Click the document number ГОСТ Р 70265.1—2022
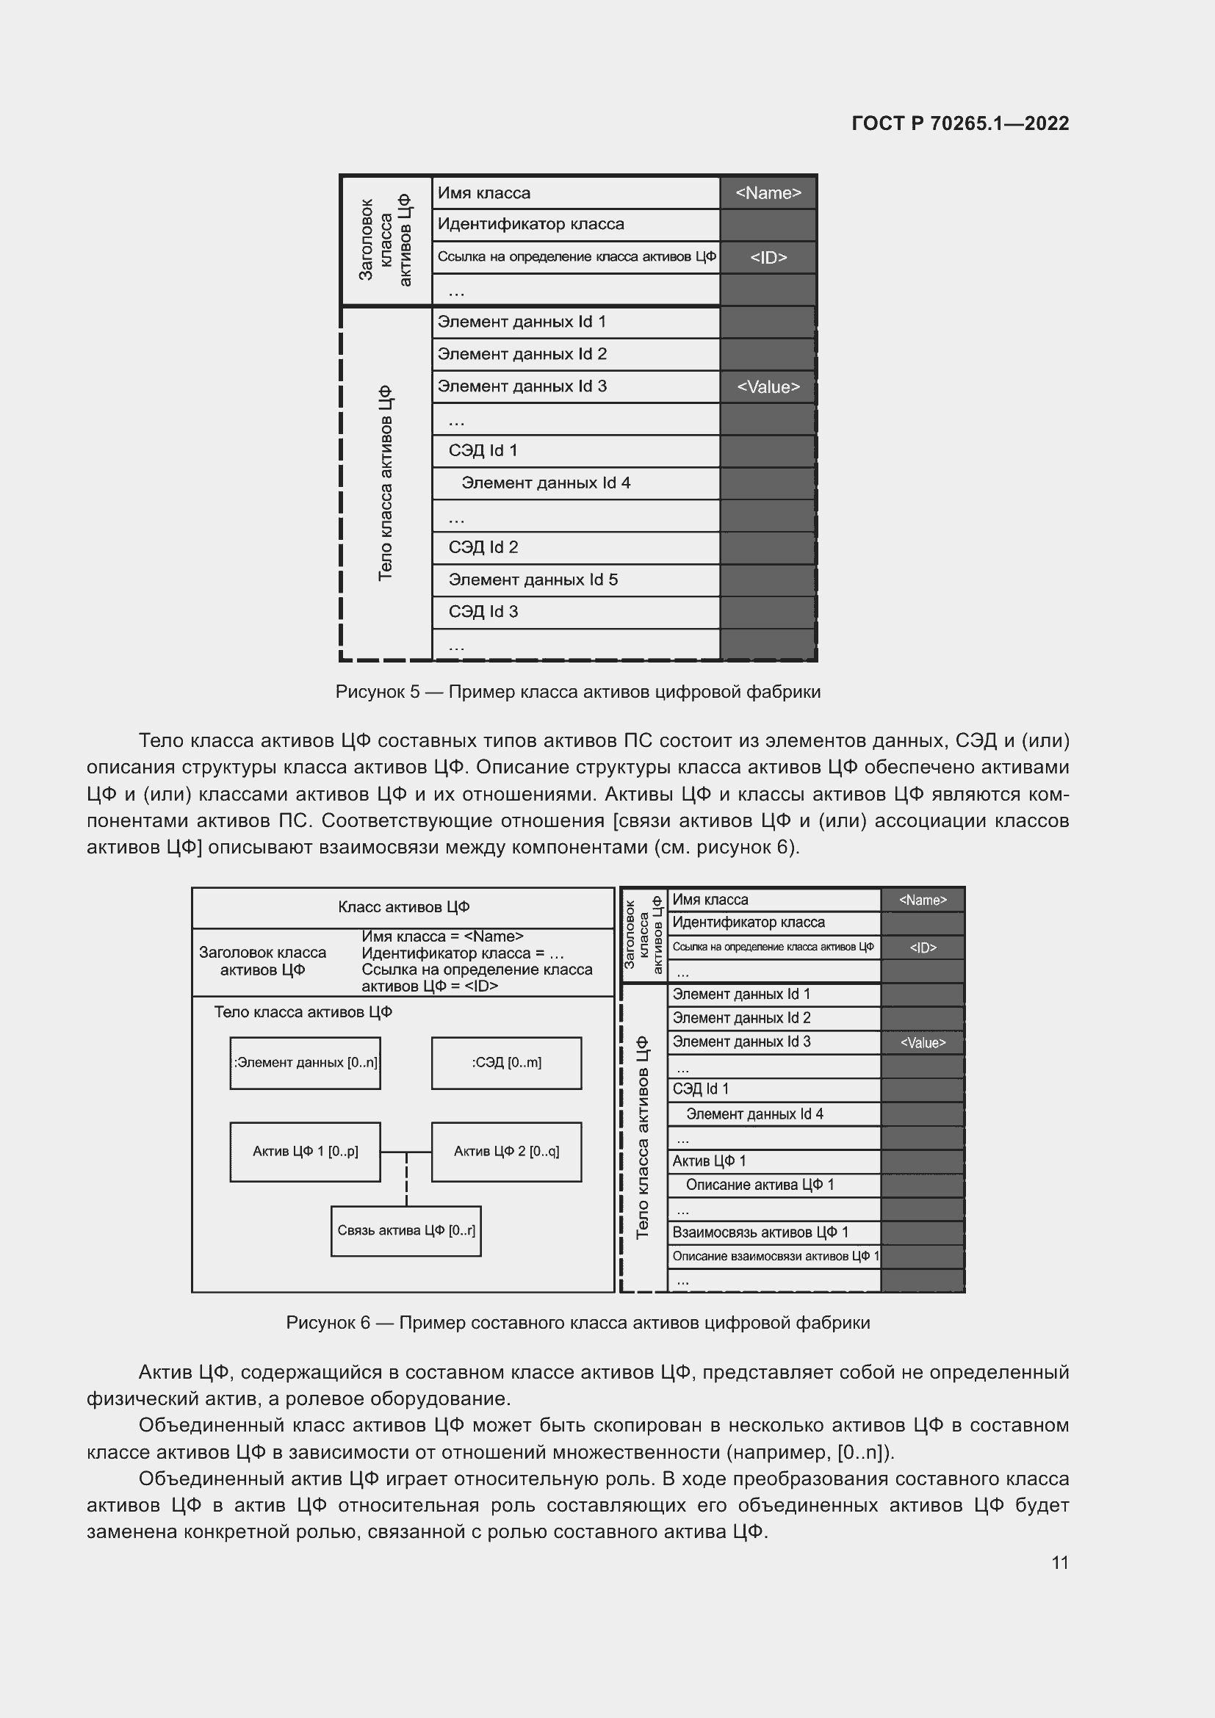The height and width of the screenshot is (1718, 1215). tap(960, 123)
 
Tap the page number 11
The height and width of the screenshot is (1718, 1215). tap(1059, 1562)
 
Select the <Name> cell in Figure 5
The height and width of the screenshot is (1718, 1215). tap(768, 193)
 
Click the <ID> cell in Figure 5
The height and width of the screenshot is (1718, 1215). tap(768, 257)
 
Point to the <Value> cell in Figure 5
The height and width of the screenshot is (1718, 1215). tap(768, 387)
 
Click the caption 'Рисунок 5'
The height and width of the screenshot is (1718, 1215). tap(577, 692)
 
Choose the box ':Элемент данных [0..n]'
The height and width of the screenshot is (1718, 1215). tap(306, 1063)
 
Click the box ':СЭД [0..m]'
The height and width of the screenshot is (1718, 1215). tap(507, 1063)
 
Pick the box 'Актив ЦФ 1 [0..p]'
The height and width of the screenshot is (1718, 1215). tap(306, 1152)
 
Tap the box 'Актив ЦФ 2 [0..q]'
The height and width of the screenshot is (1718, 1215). tap(507, 1152)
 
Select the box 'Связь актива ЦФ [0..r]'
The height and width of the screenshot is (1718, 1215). tap(405, 1231)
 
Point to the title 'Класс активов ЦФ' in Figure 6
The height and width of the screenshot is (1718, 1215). tap(403, 908)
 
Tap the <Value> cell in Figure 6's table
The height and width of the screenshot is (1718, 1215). tap(923, 1043)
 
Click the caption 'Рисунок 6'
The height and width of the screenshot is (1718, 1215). tap(577, 1323)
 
